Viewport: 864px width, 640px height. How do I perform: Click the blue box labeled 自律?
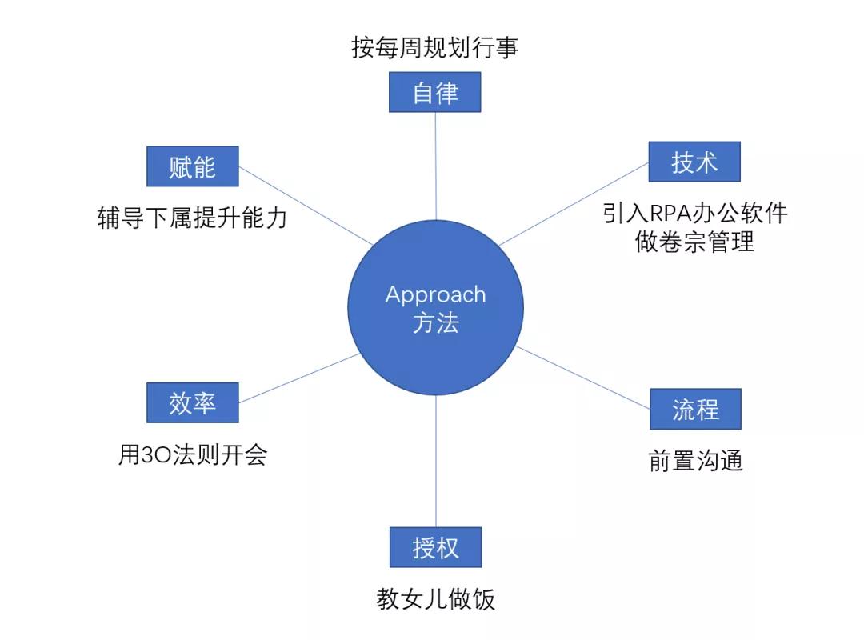pyautogui.click(x=435, y=93)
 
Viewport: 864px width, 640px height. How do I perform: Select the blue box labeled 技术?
pyautogui.click(x=694, y=162)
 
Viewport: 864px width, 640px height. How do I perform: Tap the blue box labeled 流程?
pyautogui.click(x=695, y=410)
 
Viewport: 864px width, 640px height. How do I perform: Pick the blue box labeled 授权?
pyautogui.click(x=435, y=548)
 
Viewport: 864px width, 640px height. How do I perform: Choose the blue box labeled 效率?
pyautogui.click(x=193, y=403)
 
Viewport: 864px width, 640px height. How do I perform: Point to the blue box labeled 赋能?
pyautogui.click(x=193, y=166)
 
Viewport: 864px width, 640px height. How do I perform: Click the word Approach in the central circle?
pyautogui.click(x=435, y=294)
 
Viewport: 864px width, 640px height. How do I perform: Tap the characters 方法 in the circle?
pyautogui.click(x=435, y=322)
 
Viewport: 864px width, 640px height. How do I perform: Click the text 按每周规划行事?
pyautogui.click(x=435, y=47)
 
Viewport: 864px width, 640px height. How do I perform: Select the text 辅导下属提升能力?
pyautogui.click(x=192, y=218)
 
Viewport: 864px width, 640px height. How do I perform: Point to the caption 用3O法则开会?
pyautogui.click(x=193, y=455)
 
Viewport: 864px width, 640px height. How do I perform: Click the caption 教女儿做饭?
pyautogui.click(x=435, y=599)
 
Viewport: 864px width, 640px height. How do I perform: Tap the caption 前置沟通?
pyautogui.click(x=695, y=461)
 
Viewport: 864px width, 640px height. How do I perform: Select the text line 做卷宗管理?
pyautogui.click(x=694, y=241)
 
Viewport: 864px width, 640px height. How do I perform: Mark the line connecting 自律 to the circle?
pyautogui.click(x=435, y=164)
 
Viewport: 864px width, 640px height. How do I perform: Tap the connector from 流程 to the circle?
pyautogui.click(x=582, y=378)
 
